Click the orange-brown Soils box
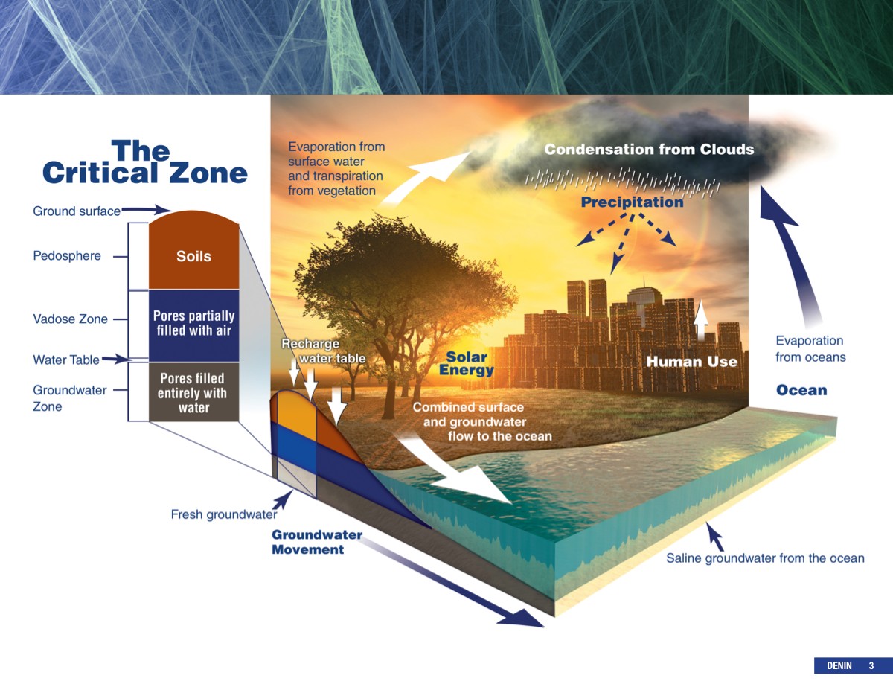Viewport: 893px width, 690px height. tap(193, 250)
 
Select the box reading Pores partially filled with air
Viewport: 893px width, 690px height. tap(193, 325)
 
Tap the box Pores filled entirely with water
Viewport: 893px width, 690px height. tap(193, 392)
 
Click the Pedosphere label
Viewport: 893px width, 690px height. tap(67, 255)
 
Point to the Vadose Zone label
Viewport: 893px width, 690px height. tap(70, 319)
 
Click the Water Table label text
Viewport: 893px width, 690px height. tap(66, 360)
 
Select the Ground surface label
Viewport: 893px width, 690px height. tap(77, 211)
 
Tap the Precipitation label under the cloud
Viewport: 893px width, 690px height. tap(632, 202)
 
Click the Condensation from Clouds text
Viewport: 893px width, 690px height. tap(650, 149)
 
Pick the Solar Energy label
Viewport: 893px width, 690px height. tap(467, 363)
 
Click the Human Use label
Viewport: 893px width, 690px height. tap(692, 362)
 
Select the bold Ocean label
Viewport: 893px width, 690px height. tap(801, 390)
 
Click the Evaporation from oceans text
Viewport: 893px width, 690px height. tap(810, 349)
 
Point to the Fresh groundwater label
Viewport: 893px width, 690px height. tap(224, 514)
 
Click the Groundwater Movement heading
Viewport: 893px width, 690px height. tap(317, 542)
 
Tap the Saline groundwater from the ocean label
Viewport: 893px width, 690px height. tap(765, 558)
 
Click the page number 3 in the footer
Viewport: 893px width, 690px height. tap(871, 665)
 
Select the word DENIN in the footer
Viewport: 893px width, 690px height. tap(839, 665)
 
